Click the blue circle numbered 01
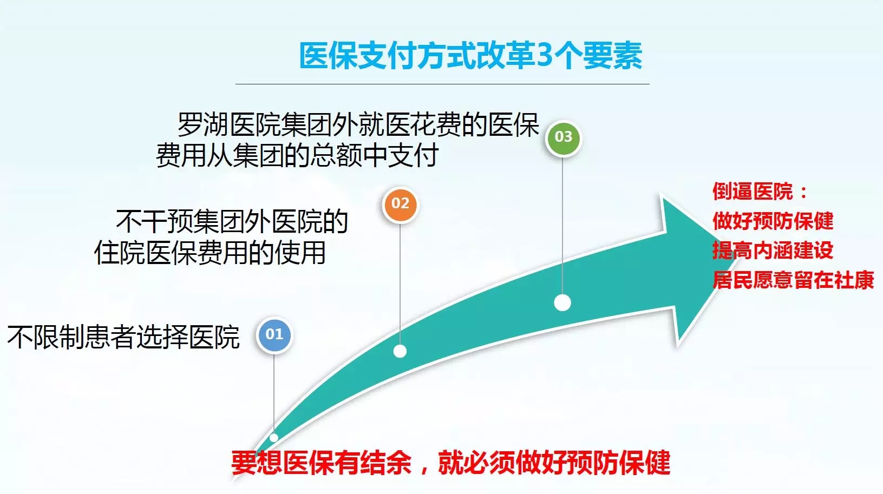coord(274,335)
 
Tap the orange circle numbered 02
coord(400,204)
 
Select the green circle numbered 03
coord(563,137)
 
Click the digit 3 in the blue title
coord(545,56)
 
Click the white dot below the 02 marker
coord(400,351)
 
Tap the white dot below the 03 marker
coord(562,302)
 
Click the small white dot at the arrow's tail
coord(273,437)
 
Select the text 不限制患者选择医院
coord(123,337)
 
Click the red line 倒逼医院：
coord(760,192)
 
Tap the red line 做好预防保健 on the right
coord(773,221)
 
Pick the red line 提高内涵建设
coord(773,250)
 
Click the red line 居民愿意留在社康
coord(793,280)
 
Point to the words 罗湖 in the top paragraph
coord(203,125)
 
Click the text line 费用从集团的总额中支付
coord(297,155)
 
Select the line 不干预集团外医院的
coord(232,221)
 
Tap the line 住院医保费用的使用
coord(210,253)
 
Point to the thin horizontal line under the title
coord(442,84)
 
